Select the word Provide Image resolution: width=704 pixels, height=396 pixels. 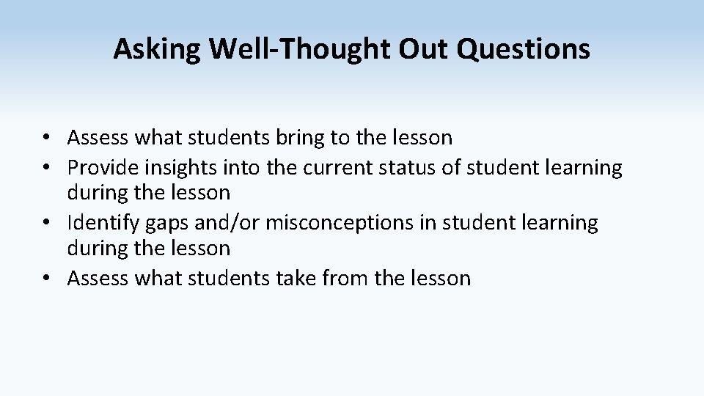[100, 168]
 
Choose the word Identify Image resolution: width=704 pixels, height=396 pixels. [99, 223]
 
